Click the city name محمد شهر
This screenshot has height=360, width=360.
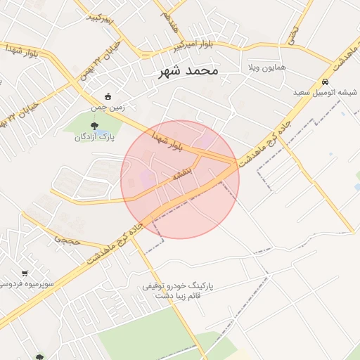(x=188, y=72)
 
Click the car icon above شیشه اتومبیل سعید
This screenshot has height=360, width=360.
(x=324, y=82)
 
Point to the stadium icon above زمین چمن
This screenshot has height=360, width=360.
(x=108, y=97)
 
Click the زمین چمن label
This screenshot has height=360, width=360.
(x=108, y=108)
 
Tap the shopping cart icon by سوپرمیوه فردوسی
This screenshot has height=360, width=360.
(x=25, y=273)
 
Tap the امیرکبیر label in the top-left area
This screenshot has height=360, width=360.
(x=98, y=19)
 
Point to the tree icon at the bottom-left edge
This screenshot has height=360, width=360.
(x=39, y=357)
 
